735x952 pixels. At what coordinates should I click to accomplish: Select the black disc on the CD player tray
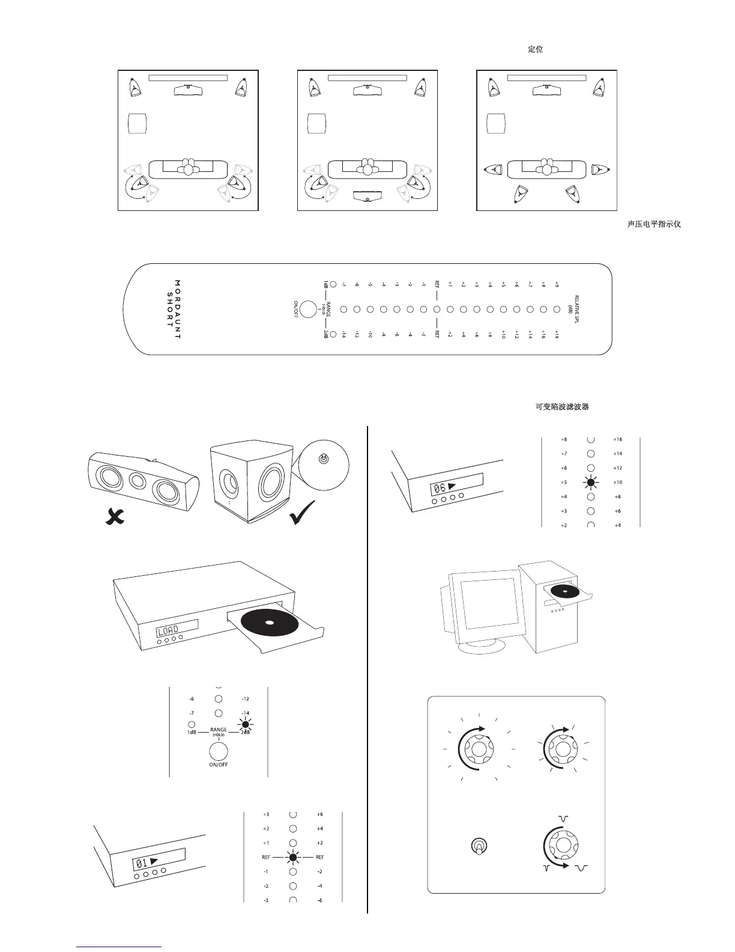pyautogui.click(x=268, y=622)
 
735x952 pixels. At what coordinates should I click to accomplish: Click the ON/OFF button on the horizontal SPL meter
pyautogui.click(x=308, y=309)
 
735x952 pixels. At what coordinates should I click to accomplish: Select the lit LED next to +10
pyautogui.click(x=591, y=482)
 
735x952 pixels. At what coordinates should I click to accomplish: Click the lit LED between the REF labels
pyautogui.click(x=293, y=857)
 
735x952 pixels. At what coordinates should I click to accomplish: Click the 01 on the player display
pyautogui.click(x=142, y=864)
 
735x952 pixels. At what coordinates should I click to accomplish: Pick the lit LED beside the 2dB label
pyautogui.click(x=245, y=724)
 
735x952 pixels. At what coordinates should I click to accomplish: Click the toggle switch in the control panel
pyautogui.click(x=478, y=846)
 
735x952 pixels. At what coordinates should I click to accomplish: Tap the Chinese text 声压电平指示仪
pyautogui.click(x=654, y=224)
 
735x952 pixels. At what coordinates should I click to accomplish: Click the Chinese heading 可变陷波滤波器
pyautogui.click(x=561, y=407)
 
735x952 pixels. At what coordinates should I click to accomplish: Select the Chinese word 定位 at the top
pyautogui.click(x=536, y=49)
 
